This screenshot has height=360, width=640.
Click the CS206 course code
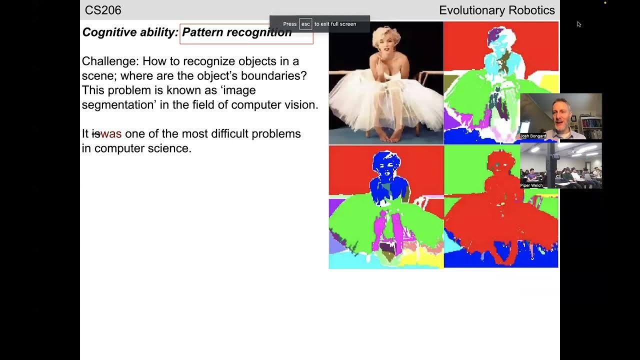[103, 10]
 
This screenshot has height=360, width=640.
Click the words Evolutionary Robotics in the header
[496, 10]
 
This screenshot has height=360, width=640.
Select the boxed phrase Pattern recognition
[236, 32]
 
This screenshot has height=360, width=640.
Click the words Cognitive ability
[129, 32]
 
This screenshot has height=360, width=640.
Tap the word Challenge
[110, 61]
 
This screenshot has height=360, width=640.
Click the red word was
[111, 134]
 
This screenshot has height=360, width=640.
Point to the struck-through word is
[96, 134]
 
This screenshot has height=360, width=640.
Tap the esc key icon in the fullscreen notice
[305, 24]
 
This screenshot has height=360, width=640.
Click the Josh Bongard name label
[533, 136]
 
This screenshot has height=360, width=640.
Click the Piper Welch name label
[531, 185]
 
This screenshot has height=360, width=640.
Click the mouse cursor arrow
[579, 24]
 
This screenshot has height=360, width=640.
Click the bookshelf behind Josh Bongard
[591, 125]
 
